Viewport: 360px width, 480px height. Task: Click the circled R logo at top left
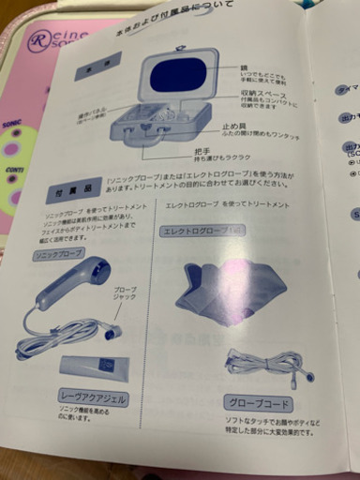[38, 40]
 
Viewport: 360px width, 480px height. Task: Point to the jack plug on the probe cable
[112, 334]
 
